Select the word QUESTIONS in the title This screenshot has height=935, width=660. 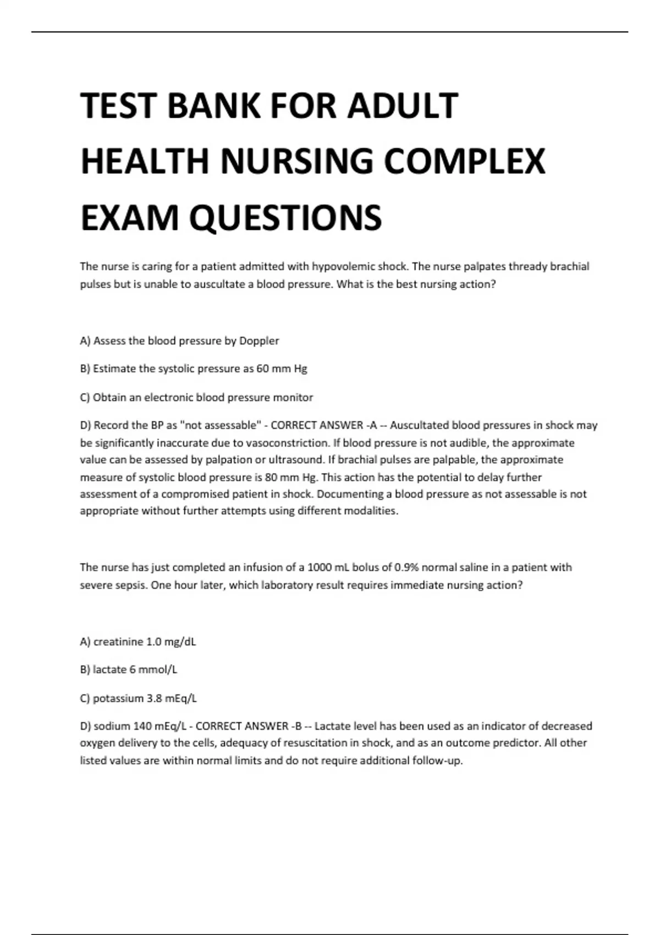tap(285, 218)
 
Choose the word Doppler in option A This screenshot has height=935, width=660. tap(259, 341)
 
